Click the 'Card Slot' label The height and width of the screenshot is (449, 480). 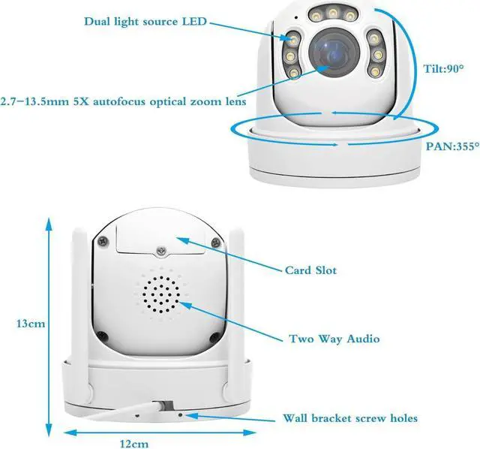pyautogui.click(x=310, y=270)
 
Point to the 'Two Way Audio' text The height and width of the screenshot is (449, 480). pyautogui.click(x=334, y=339)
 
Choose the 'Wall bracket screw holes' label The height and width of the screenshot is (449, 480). pyautogui.click(x=349, y=418)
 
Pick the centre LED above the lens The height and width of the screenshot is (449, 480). pyautogui.click(x=331, y=13)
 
